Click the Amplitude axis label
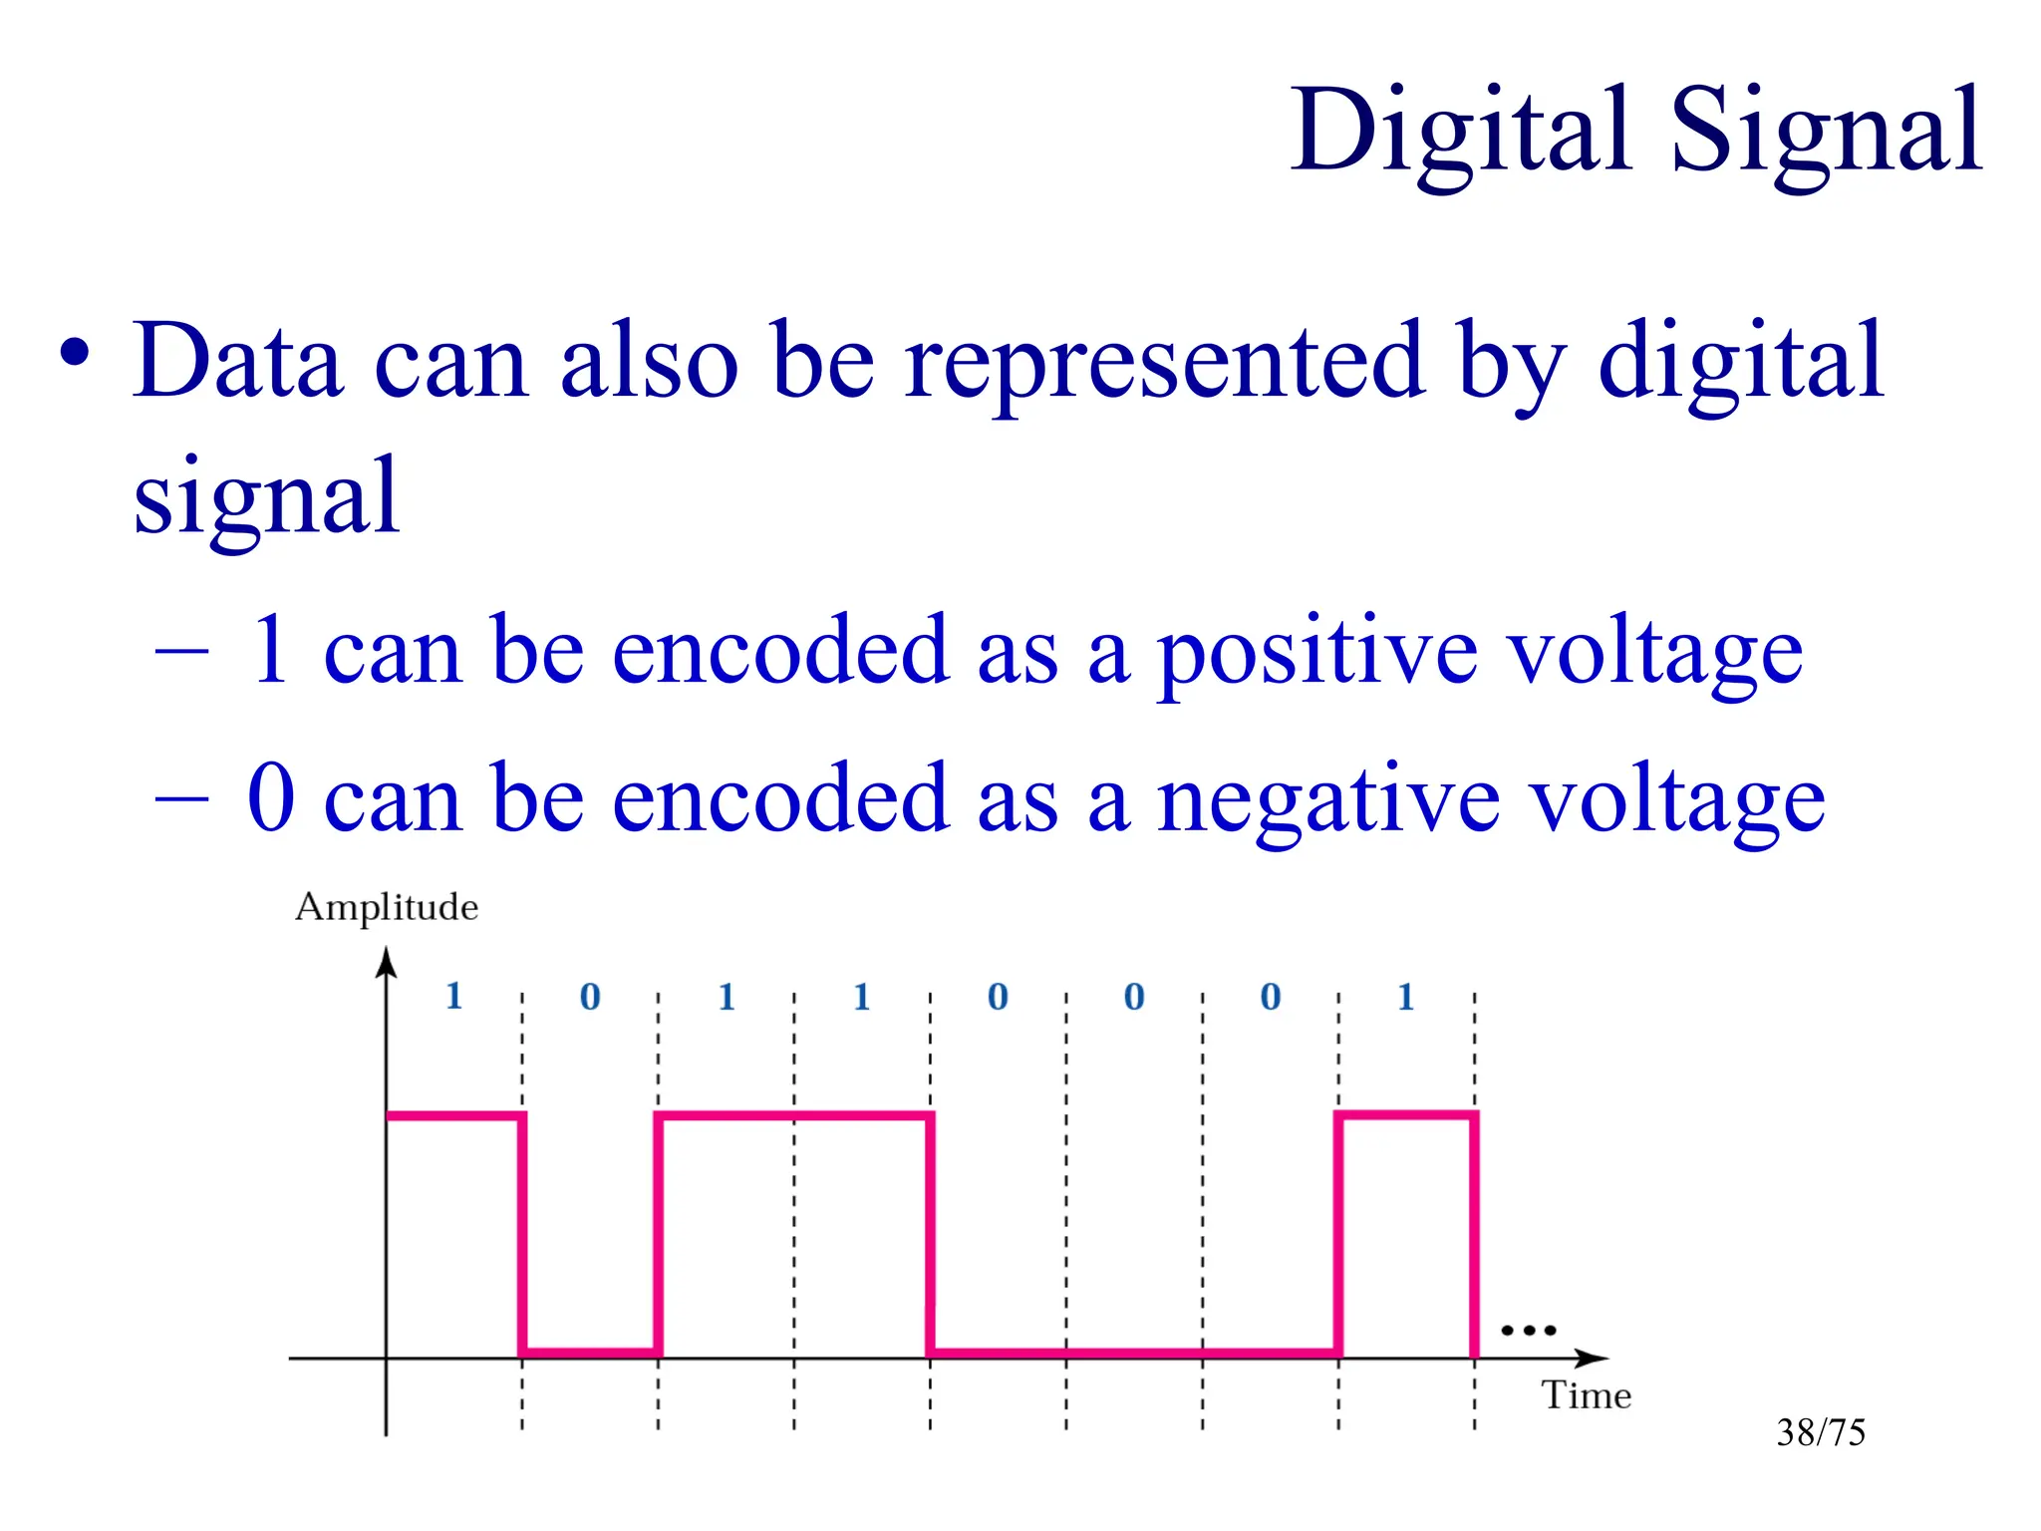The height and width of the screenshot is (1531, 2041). pos(387,908)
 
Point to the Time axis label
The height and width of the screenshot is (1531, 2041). pos(1586,1395)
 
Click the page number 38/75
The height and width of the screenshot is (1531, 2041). pos(1820,1432)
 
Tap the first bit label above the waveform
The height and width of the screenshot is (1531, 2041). pos(454,996)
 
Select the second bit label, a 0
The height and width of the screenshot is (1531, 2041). pos(590,997)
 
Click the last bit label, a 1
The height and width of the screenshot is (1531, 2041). pos(1406,997)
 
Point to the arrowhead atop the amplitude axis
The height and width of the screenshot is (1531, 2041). pos(387,962)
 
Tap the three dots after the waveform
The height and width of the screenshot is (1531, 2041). pos(1528,1330)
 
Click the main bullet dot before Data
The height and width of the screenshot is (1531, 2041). pos(75,353)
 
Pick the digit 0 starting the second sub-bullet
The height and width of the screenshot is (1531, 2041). pos(271,797)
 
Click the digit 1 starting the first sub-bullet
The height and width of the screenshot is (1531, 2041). pos(271,650)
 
